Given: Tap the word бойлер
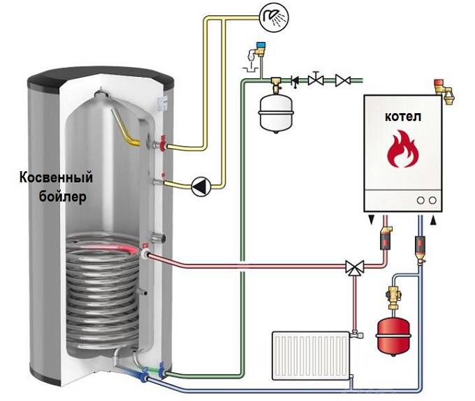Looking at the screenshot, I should [61, 197].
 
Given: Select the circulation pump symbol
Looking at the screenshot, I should [201, 186].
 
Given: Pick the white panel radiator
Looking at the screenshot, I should [312, 354].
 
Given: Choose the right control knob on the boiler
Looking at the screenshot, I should [434, 200].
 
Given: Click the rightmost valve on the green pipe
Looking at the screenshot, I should [342, 80].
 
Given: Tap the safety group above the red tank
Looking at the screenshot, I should [392, 293].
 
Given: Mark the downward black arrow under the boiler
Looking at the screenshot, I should [370, 221].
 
